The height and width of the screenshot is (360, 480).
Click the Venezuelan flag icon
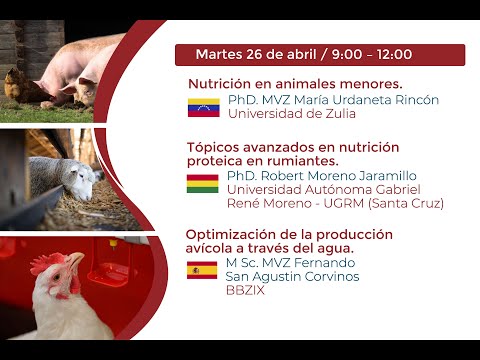[203, 107]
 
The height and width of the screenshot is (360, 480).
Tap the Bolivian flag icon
[202, 183]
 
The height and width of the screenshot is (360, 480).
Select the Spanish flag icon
[202, 270]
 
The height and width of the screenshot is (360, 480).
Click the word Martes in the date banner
[219, 54]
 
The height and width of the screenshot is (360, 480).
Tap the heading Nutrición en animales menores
[295, 84]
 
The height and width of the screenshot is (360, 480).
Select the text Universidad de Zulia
[291, 113]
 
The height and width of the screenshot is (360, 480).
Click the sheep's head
[88, 178]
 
